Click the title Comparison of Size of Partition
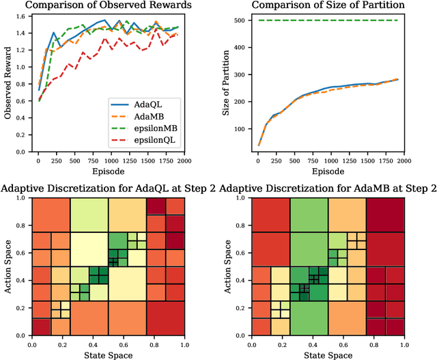click(328, 6)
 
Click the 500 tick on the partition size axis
click(241, 20)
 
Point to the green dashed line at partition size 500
click(328, 20)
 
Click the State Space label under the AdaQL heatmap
click(108, 355)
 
